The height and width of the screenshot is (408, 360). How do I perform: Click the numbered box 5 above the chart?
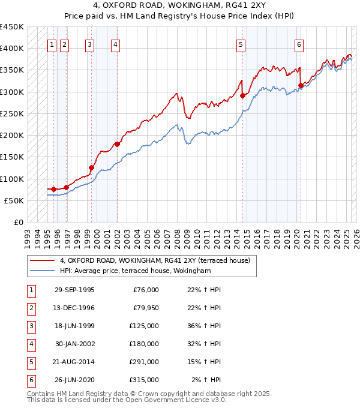(x=241, y=44)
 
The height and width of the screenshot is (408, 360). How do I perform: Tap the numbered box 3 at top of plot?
(x=89, y=44)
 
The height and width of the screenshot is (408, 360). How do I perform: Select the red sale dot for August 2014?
(x=243, y=95)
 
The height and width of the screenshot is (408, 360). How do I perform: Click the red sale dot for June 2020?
(x=301, y=85)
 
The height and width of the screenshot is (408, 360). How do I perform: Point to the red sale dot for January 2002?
(x=117, y=144)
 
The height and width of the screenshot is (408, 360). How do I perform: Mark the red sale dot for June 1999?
(x=92, y=168)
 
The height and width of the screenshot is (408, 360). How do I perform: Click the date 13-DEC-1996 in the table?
(x=74, y=308)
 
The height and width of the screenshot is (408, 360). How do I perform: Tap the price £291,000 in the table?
(x=144, y=362)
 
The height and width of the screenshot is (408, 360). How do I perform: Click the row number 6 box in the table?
(x=30, y=380)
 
